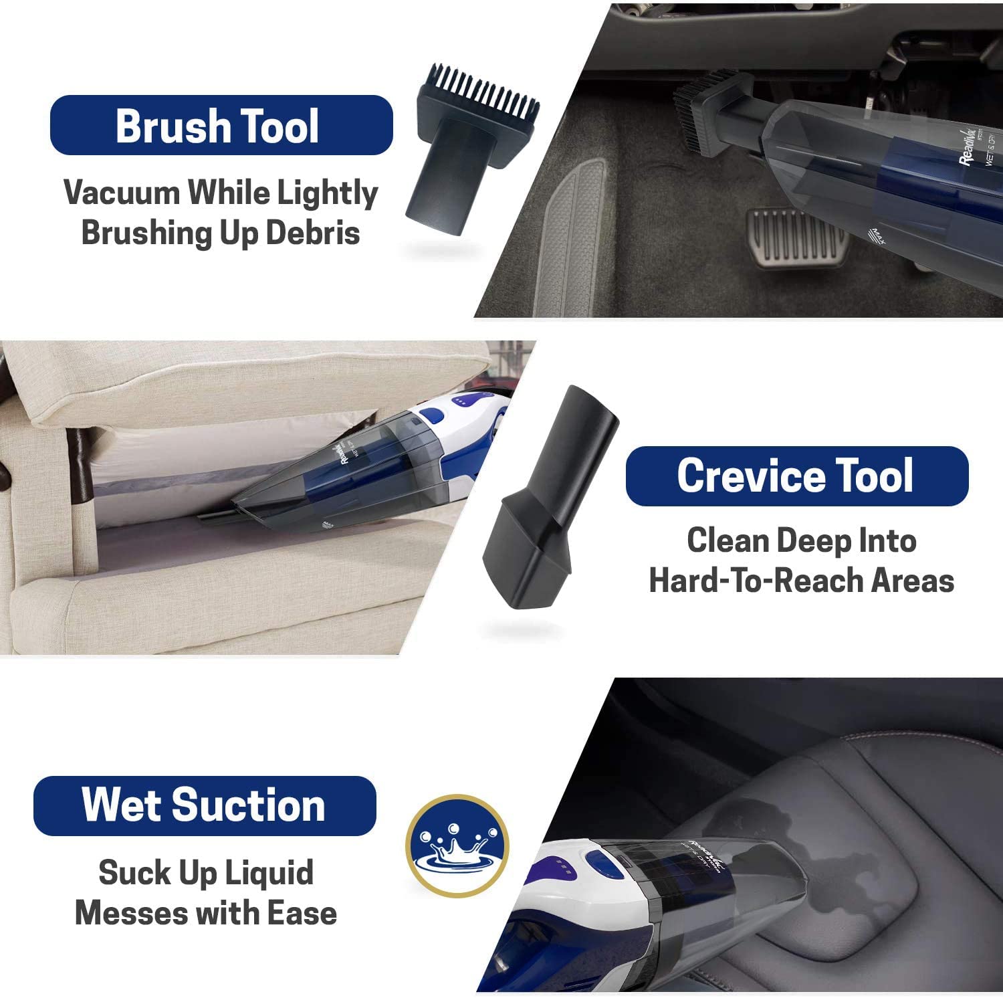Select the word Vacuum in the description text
point(121,193)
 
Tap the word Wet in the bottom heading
point(120,805)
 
